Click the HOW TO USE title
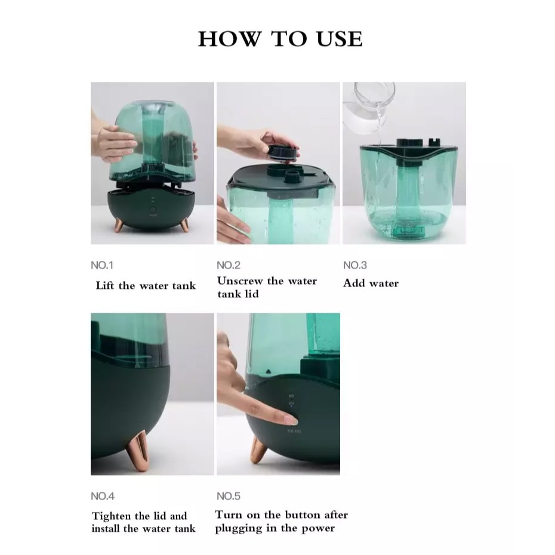pos(280,39)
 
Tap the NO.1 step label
pos(102,265)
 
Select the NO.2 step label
pos(229,265)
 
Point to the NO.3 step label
pos(355,265)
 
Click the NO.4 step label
pos(103,496)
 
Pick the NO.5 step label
pos(229,496)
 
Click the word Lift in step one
pos(105,285)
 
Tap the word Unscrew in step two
pos(240,280)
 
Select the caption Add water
pos(371,283)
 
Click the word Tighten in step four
pos(112,516)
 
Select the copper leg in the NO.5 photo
pos(258,449)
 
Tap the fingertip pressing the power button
pos(290,420)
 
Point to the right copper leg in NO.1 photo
pos(185,225)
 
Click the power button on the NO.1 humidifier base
pos(153,210)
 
